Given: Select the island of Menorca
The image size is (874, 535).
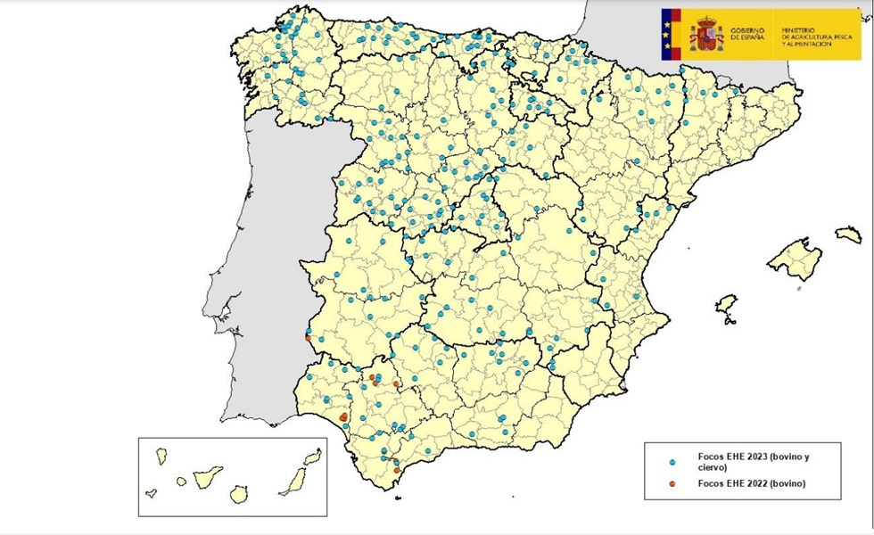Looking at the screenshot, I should (x=848, y=235).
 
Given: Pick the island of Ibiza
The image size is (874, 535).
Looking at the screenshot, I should (x=727, y=305).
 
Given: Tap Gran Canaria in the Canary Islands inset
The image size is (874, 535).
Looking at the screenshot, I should (x=238, y=492).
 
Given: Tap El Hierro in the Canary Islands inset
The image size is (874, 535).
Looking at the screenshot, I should (x=152, y=492).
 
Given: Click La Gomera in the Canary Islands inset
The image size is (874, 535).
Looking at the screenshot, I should (x=181, y=481).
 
